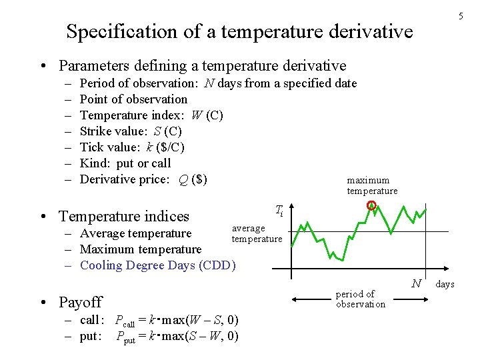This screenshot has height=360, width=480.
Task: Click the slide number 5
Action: coord(460,17)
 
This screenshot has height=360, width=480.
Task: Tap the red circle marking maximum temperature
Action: coord(372,206)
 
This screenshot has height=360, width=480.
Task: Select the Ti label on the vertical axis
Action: coord(279,211)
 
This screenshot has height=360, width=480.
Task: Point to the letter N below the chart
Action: coord(416,283)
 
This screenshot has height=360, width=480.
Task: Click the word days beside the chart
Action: coord(445,284)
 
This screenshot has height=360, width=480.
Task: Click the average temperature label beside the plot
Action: coord(257,233)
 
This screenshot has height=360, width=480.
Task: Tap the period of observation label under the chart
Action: coord(361,299)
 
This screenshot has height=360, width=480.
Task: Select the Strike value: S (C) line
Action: coord(130,131)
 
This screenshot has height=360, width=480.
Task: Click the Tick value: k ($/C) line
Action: coord(132,147)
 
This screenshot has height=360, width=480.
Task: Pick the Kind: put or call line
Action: coord(125,163)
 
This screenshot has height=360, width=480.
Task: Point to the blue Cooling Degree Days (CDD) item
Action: coord(158,265)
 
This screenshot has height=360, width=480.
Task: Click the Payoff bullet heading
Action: coord(80,302)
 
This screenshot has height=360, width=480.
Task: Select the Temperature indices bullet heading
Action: coord(124,216)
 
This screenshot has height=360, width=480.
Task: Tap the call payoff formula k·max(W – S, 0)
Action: coord(177,320)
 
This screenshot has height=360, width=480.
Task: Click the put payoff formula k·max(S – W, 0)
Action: coord(177,336)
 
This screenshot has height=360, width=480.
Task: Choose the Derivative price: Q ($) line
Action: coord(143,179)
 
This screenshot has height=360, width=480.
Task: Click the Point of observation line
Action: coord(133,99)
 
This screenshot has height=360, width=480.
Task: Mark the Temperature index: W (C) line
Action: coord(151,115)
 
